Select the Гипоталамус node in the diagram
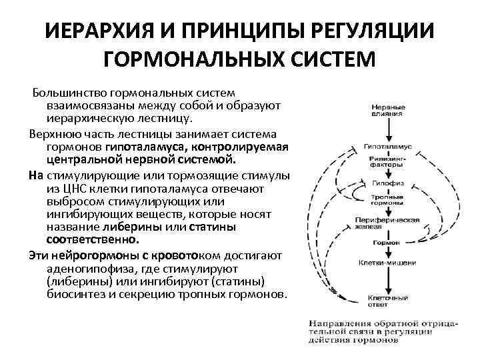pos(387,145)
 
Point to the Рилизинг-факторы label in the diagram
pos(387,163)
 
